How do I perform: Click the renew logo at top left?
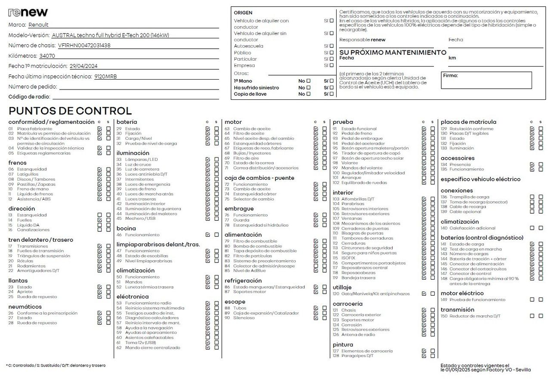point(28,12)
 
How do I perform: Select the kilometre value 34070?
point(47,56)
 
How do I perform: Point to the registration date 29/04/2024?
point(84,66)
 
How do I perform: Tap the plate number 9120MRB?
point(105,77)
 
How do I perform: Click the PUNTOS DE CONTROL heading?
point(70,111)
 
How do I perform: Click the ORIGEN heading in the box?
point(243,13)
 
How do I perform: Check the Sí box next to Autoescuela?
point(331,46)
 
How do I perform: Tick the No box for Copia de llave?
point(308,94)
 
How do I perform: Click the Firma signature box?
point(486,80)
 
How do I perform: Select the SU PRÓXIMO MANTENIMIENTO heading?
point(393,52)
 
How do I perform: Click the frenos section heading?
point(18,163)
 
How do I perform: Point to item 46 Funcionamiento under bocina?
point(142,235)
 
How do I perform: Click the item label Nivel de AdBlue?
point(250,271)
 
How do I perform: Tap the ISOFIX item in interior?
point(349,258)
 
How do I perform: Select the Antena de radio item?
point(358,335)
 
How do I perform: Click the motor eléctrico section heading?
point(462,293)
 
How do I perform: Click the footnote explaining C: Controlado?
point(56,366)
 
